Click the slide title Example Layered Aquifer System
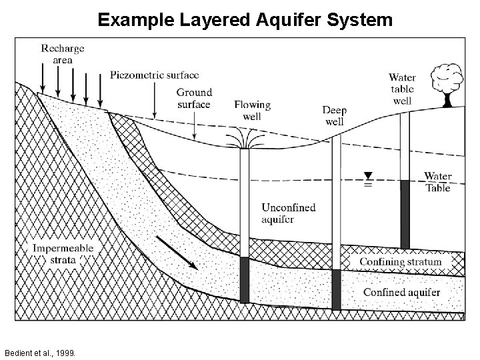[245, 20]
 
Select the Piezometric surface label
[154, 75]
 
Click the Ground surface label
[194, 98]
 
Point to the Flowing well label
[252, 110]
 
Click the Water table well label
[402, 89]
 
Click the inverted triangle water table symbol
[367, 176]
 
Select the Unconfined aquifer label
[288, 213]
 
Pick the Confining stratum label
[400, 261]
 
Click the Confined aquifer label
[401, 292]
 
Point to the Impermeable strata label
[63, 254]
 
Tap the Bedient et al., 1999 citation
[39, 351]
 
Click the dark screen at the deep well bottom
[336, 289]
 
